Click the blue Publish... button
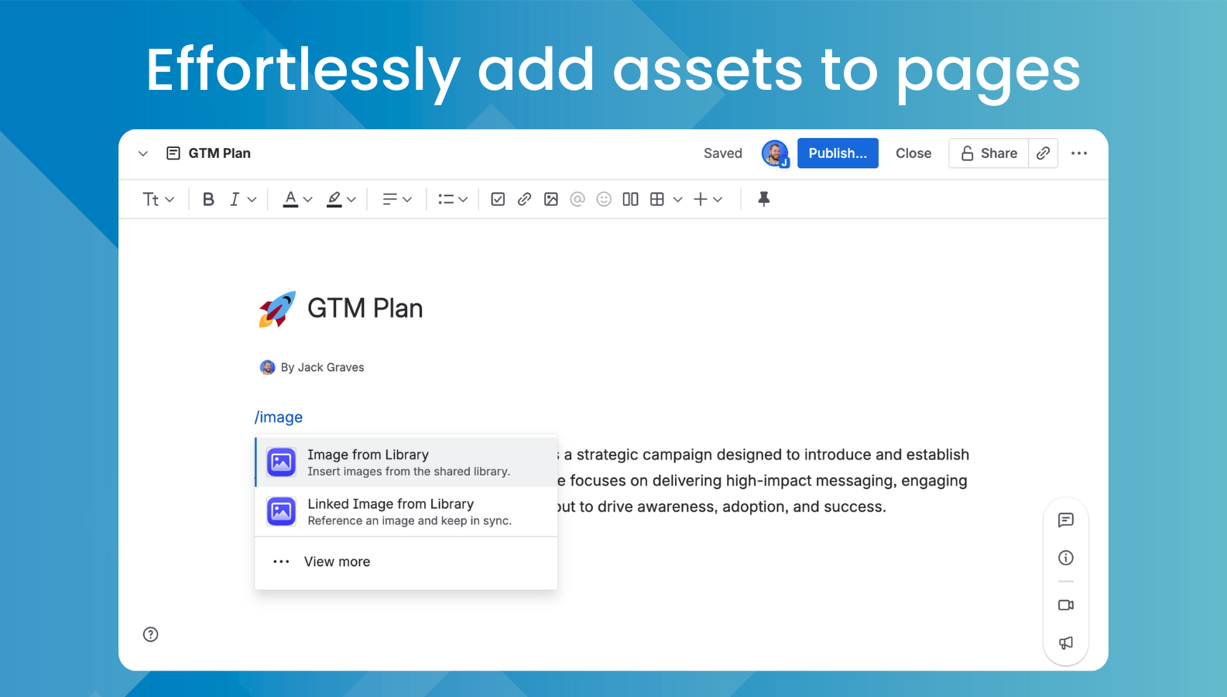[x=838, y=153]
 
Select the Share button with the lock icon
[x=989, y=153]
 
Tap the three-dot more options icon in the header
[x=1079, y=153]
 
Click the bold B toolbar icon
[x=208, y=199]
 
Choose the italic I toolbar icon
[x=235, y=199]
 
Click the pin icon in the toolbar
[x=763, y=199]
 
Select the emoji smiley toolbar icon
[x=604, y=199]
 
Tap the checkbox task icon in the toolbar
[x=498, y=199]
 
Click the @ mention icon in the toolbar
[x=577, y=199]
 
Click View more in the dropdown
[x=337, y=561]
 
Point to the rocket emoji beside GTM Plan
[x=276, y=309]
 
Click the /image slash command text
[x=279, y=417]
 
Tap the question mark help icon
[x=151, y=634]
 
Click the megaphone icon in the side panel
[x=1066, y=643]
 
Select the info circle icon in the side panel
[x=1066, y=558]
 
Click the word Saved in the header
[x=723, y=153]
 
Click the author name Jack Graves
[x=331, y=367]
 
